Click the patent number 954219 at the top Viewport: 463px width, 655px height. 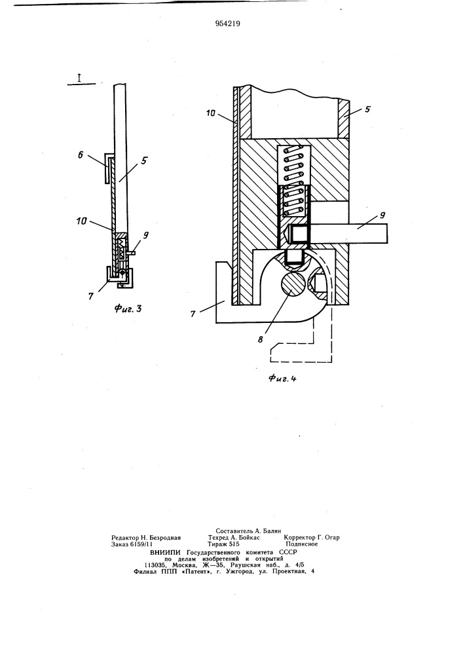coord(227,24)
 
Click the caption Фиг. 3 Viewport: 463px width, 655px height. coord(128,309)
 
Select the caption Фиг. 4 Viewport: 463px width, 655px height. coord(282,379)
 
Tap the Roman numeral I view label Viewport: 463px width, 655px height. coord(79,78)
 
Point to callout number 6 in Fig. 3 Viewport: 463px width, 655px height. coord(81,155)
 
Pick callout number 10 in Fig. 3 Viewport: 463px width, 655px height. coord(81,220)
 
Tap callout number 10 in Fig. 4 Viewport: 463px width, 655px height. coord(211,113)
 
